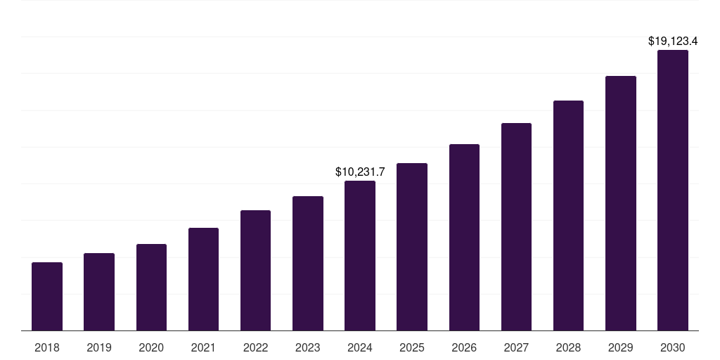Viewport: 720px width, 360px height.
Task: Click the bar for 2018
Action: pyautogui.click(x=47, y=296)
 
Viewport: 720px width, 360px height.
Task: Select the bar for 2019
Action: pyautogui.click(x=99, y=292)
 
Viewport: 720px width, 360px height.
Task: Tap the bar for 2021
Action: pyautogui.click(x=203, y=279)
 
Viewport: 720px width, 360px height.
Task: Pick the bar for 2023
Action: pyautogui.click(x=308, y=263)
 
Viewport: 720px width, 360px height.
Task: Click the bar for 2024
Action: pyautogui.click(x=360, y=255)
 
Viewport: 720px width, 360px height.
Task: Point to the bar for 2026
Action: pyautogui.click(x=464, y=237)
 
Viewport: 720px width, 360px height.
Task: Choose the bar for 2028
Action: pyautogui.click(x=568, y=215)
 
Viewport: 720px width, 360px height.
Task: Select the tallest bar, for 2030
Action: pyautogui.click(x=673, y=190)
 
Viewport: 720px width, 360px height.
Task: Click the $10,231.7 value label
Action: pyautogui.click(x=360, y=172)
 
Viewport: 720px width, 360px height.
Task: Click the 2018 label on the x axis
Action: pyautogui.click(x=47, y=347)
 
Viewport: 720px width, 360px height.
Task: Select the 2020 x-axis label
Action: pyautogui.click(x=151, y=347)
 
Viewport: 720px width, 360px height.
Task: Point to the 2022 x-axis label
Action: pyautogui.click(x=255, y=347)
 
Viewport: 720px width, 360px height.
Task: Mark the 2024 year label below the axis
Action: pyautogui.click(x=360, y=347)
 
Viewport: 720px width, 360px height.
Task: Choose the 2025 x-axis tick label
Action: pyautogui.click(x=412, y=347)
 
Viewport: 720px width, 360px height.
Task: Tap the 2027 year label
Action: pyautogui.click(x=516, y=347)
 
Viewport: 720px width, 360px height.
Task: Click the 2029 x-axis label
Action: pyautogui.click(x=621, y=347)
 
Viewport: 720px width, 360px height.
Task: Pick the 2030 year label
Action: pyautogui.click(x=673, y=347)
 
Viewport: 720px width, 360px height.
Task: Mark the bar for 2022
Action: pyautogui.click(x=255, y=270)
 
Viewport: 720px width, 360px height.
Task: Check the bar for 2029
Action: pyautogui.click(x=621, y=203)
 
